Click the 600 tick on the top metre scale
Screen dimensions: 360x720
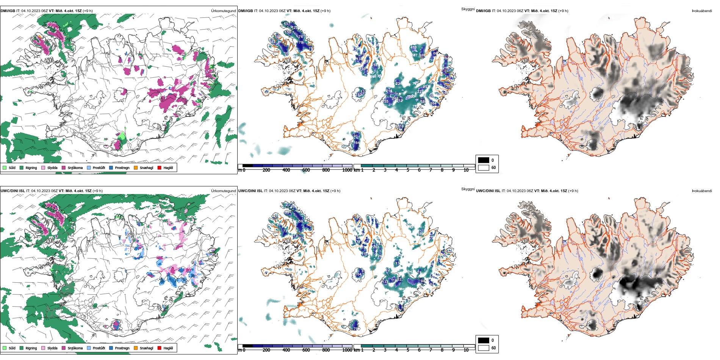(x=306, y=170)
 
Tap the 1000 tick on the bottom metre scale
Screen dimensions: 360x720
(x=347, y=350)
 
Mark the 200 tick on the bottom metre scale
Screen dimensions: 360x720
(x=266, y=350)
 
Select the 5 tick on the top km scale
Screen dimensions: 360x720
(x=408, y=170)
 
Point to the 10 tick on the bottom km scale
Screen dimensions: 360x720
(x=466, y=350)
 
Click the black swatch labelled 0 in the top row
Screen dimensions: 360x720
(x=484, y=160)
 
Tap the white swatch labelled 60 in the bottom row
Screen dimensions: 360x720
(x=484, y=348)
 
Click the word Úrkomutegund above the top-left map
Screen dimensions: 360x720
(x=223, y=11)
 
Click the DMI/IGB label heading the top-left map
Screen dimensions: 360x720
(x=8, y=11)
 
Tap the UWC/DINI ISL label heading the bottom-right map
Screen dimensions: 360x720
(x=488, y=191)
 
